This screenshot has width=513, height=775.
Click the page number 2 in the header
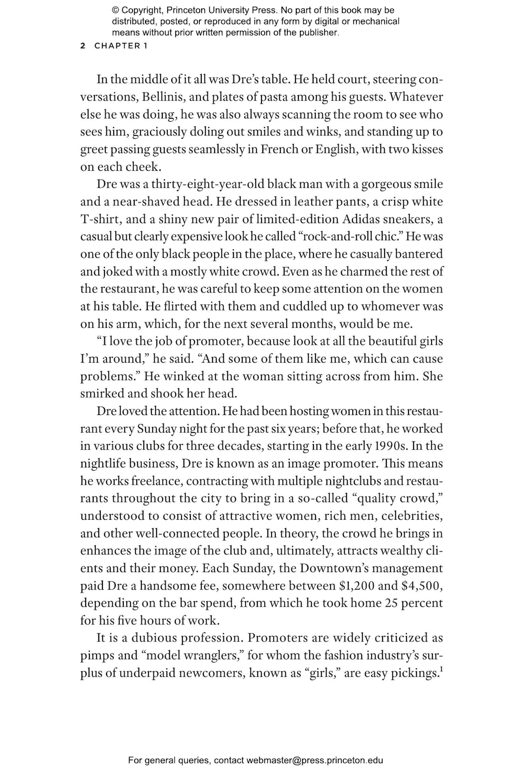tap(82, 46)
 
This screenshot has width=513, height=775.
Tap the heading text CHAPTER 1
tap(121, 46)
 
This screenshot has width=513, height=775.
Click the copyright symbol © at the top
tap(115, 10)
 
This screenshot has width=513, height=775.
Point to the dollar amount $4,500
tap(421, 586)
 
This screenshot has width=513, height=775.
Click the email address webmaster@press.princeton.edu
tap(314, 760)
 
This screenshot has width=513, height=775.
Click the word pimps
tap(97, 656)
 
